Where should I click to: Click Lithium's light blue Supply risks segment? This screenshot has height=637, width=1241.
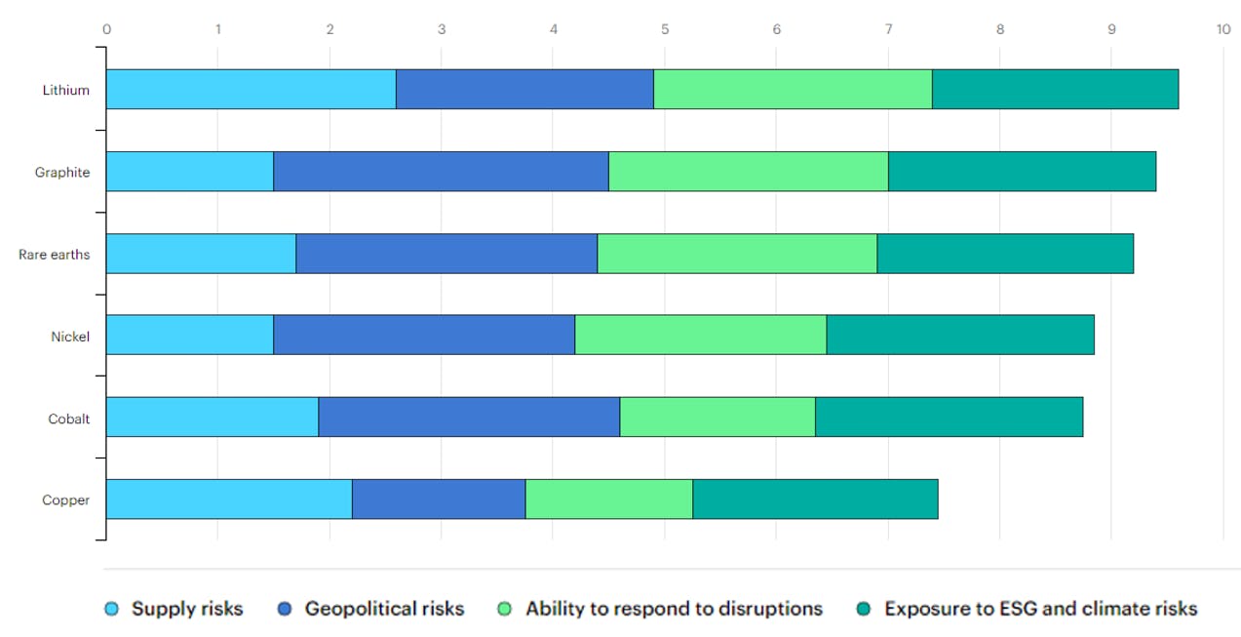point(251,90)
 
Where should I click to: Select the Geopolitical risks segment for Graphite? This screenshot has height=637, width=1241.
point(441,172)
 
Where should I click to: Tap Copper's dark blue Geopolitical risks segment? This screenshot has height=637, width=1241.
point(439,499)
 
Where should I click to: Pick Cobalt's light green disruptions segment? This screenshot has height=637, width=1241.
point(717,418)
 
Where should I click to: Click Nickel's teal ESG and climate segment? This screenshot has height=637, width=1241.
point(960,336)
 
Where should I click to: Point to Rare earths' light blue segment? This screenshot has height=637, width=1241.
point(201,254)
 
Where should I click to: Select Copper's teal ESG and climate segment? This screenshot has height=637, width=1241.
point(815,499)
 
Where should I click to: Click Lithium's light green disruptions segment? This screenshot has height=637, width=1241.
point(793,90)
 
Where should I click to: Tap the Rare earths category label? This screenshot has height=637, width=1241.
point(55,255)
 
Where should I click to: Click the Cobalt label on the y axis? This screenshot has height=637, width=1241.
point(69,418)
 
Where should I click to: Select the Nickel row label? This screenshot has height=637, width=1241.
point(70,337)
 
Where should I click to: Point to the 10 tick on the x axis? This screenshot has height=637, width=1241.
point(1222,29)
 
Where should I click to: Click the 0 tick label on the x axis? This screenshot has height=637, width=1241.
point(106,29)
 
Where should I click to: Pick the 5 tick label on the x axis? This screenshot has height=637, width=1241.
point(665,29)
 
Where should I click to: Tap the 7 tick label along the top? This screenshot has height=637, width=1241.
point(888,29)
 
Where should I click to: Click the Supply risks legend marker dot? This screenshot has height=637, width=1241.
point(112,610)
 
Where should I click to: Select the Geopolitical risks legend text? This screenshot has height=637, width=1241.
point(384,609)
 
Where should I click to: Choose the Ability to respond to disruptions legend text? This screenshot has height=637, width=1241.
point(674,609)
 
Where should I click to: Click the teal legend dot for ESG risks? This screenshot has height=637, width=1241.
point(864,610)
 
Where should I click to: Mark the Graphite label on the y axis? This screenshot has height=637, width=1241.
point(62,173)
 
